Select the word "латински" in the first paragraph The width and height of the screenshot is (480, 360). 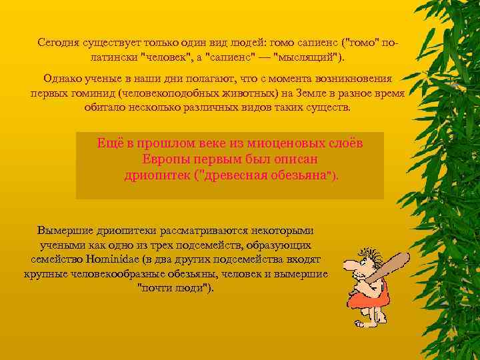[x=111, y=56]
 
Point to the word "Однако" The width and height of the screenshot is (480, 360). [x=61, y=79]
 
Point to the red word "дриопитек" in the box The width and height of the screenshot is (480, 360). [x=157, y=175]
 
